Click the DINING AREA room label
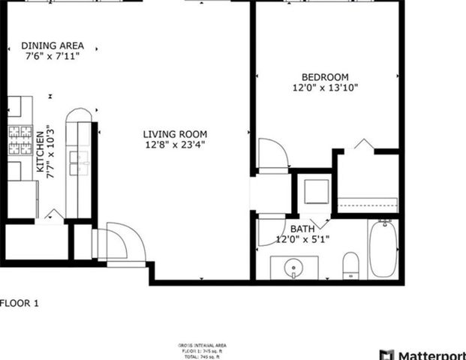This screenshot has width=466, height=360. pos(53,45)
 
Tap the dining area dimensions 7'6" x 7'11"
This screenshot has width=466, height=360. pos(53,56)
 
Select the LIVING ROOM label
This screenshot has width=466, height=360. pos(174,134)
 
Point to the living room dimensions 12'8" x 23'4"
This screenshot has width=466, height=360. pos(174,145)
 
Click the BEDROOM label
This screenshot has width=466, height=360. pos(325,76)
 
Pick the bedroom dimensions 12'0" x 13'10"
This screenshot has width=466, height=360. pos(325,88)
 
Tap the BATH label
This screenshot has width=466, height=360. pos(302,229)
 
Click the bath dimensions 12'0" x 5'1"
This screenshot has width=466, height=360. pos(302,239)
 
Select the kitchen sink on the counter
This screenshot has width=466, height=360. pos(78,162)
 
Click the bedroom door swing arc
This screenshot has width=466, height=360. pos(272,154)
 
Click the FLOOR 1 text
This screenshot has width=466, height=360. pos(19,304)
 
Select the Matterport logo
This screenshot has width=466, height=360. pos(422,354)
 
